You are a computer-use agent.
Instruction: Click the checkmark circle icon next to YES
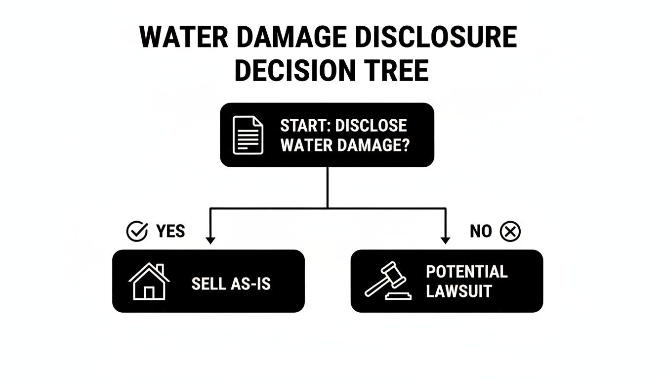[137, 231]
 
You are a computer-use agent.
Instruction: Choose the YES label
[170, 231]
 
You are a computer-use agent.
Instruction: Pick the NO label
[481, 231]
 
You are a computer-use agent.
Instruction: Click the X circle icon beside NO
[510, 231]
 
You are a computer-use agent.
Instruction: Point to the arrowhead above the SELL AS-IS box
[210, 240]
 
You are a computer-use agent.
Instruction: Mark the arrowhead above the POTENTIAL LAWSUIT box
[445, 240]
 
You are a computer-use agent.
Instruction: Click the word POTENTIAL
[466, 272]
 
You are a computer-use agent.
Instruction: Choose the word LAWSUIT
[458, 291]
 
